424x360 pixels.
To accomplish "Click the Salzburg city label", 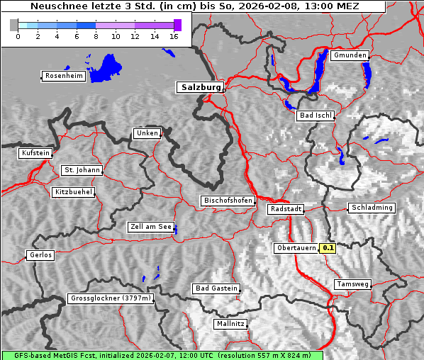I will (x=200, y=87).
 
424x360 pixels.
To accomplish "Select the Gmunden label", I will (x=350, y=55).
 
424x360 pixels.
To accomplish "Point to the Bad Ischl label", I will (x=316, y=116).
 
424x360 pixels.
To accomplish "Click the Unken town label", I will (x=147, y=133).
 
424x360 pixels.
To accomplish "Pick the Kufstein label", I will (x=35, y=153).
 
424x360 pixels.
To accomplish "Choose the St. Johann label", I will (x=82, y=170).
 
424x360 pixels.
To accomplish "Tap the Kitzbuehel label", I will (x=73, y=192).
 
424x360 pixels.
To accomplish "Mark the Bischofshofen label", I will (x=228, y=201).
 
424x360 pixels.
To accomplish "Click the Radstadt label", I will (x=286, y=209).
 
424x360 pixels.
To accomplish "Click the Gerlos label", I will (x=40, y=255).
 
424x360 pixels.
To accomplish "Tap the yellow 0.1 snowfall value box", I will (x=328, y=248).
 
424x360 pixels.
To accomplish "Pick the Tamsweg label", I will (x=352, y=284).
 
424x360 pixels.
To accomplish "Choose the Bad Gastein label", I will (x=216, y=288).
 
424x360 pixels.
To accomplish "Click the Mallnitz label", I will (x=230, y=324).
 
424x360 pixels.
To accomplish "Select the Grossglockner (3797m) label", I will (x=111, y=299).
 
